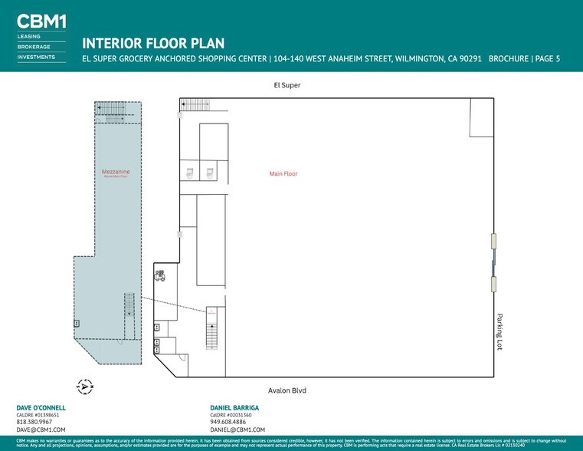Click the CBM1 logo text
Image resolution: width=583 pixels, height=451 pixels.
click(x=41, y=21)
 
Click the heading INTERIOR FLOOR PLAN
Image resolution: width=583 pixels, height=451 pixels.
click(x=153, y=44)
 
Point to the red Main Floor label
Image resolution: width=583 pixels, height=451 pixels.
click(x=283, y=174)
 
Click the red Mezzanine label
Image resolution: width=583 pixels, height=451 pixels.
click(x=116, y=172)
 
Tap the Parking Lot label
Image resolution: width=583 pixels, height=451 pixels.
click(x=499, y=331)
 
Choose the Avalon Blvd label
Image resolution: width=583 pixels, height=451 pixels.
click(x=287, y=390)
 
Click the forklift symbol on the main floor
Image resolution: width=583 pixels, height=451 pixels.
click(x=160, y=275)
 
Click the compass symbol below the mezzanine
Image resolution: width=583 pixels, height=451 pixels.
click(x=84, y=386)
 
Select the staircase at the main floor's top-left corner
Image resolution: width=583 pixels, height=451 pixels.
click(x=195, y=104)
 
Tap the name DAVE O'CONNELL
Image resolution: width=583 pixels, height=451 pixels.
click(x=41, y=407)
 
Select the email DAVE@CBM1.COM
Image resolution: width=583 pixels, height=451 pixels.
click(x=41, y=430)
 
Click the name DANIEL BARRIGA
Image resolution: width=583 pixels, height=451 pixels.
click(x=234, y=407)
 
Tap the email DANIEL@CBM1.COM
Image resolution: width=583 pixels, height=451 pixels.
click(x=237, y=430)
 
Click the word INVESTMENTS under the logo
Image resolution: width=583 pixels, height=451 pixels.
click(x=36, y=57)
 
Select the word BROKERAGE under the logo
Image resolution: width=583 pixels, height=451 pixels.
click(x=34, y=46)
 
